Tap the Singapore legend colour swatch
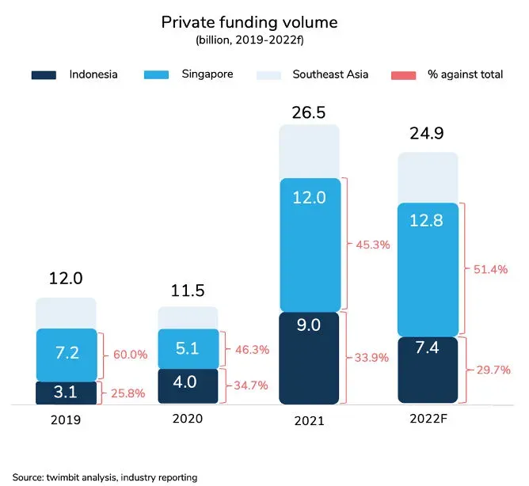tap(164, 75)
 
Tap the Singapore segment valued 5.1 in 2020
tap(188, 348)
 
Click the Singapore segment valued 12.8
tap(428, 269)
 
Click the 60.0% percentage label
tap(131, 355)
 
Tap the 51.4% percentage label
tap(490, 270)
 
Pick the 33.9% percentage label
tap(371, 357)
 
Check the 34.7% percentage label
tap(250, 385)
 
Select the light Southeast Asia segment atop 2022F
tap(428, 177)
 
